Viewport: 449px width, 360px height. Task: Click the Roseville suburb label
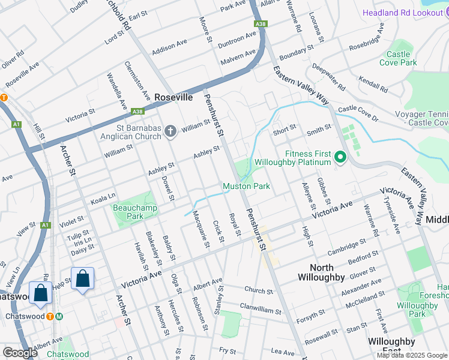(x=173, y=97)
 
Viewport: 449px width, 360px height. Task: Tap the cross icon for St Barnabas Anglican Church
(x=170, y=131)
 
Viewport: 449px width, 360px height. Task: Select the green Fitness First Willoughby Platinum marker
(x=340, y=158)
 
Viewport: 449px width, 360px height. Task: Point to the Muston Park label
(x=246, y=186)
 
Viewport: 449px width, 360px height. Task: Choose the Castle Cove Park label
(x=398, y=58)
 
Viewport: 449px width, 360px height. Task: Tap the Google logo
(x=20, y=352)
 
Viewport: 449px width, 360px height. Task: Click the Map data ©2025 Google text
(x=412, y=355)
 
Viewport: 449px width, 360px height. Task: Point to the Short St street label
(x=285, y=128)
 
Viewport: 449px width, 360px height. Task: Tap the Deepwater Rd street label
(x=328, y=77)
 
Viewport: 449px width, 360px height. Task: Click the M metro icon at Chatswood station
(x=59, y=316)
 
